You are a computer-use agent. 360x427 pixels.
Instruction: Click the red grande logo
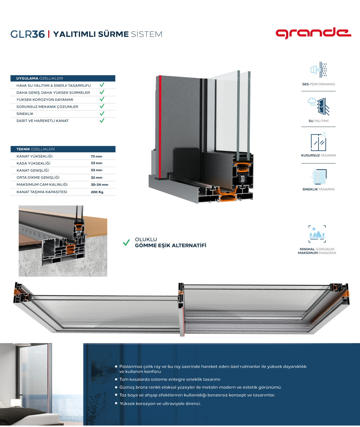point(313,33)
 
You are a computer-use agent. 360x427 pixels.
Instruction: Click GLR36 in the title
point(27,34)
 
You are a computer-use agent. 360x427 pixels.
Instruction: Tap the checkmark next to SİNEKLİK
point(102,113)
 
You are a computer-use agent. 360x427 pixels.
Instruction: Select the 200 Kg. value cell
point(97,192)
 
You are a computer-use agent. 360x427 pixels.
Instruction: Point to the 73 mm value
point(96,156)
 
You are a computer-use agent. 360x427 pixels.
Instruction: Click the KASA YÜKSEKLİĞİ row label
point(33,163)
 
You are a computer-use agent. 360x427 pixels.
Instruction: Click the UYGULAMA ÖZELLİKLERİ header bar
point(63,78)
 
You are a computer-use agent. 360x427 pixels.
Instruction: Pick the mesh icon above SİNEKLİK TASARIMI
point(319,176)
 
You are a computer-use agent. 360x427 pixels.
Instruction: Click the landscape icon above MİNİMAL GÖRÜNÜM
point(317,234)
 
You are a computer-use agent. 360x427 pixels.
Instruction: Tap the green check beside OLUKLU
point(126,242)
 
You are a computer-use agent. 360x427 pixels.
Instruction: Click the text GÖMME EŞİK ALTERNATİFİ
point(171,245)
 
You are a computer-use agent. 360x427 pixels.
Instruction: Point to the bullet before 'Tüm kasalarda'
point(116,379)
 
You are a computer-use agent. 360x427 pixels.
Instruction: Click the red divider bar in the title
point(49,34)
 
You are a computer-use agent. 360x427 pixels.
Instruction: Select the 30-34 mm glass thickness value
point(99,185)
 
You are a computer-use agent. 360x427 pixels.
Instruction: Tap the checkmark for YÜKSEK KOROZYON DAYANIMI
point(102,99)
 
